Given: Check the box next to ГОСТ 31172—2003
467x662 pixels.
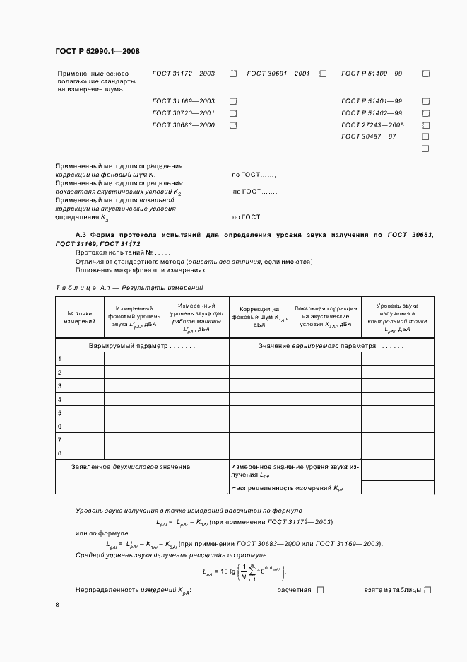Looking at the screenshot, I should (x=232, y=74).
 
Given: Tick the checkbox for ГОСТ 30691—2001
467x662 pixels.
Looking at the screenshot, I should (x=323, y=74).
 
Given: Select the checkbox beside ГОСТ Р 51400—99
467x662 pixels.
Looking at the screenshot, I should (x=426, y=74).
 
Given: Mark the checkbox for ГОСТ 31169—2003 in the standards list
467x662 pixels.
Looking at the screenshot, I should (x=232, y=101).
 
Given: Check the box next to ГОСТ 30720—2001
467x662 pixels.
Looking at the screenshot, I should (x=232, y=113).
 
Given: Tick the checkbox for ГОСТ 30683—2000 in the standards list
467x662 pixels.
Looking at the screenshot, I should (x=232, y=125).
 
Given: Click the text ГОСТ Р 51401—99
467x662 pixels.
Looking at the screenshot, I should (x=372, y=101).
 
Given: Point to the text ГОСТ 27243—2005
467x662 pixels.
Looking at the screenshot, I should (x=372, y=125).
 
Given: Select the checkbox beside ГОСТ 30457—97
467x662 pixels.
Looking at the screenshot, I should (x=426, y=137).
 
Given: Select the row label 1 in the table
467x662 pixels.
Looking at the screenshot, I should (x=60, y=359).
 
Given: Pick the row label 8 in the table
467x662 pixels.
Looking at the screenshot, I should (x=60, y=453).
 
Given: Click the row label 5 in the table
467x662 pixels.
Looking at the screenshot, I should (x=60, y=412).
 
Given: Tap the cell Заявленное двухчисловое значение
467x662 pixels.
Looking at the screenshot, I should (x=131, y=467).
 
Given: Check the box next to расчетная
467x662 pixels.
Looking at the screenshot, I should (x=320, y=590).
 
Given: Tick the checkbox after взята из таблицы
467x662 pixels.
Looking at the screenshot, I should (x=427, y=590).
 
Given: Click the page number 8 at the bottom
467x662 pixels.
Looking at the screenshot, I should (x=58, y=605).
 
